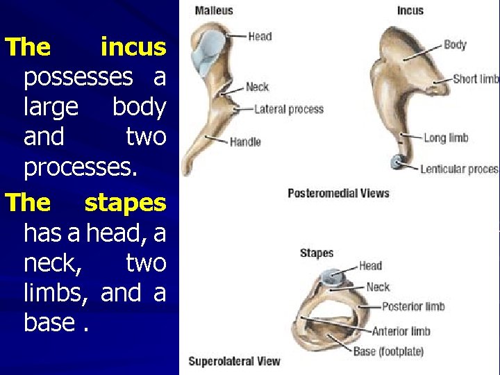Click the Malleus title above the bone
214,10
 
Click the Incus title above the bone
410,10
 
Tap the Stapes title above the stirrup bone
317,253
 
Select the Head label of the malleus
260,36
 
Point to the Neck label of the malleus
257,87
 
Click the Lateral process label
289,109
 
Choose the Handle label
245,142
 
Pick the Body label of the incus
455,44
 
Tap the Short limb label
476,79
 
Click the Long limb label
446,137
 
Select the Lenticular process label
459,169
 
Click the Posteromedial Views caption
338,193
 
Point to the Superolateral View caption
234,360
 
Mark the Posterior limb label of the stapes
413,306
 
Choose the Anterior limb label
401,331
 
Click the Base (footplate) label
388,351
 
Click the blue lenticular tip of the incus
397,162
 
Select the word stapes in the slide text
125,203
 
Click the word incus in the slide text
133,47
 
